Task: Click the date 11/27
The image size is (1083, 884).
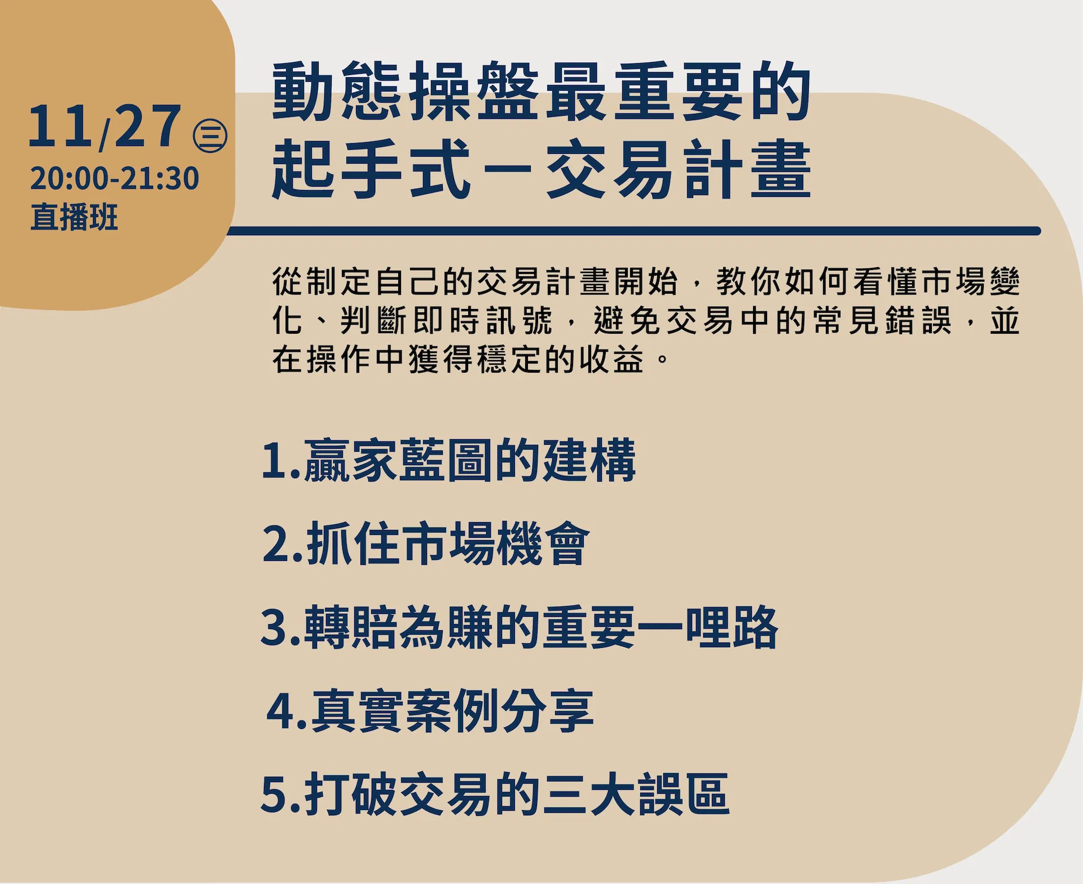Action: pos(105,127)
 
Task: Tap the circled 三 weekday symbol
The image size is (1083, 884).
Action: pos(210,136)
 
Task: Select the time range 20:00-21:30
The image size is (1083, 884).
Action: pos(115,178)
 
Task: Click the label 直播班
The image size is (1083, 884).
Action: pos(74,217)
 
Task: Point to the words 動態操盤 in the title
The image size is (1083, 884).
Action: pos(405,91)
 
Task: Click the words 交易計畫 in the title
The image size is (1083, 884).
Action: pos(679,169)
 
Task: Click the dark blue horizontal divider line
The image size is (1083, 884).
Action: pos(633,231)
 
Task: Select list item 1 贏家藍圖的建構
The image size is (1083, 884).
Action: pos(449,461)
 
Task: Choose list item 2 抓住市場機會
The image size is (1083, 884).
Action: pos(426,543)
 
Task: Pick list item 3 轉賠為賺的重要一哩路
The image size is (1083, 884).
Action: pos(520,627)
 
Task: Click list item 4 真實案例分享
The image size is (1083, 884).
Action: pos(430,711)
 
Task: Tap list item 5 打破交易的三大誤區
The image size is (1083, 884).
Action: pos(495,794)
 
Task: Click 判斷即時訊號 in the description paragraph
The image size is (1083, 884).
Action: pos(447,321)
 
